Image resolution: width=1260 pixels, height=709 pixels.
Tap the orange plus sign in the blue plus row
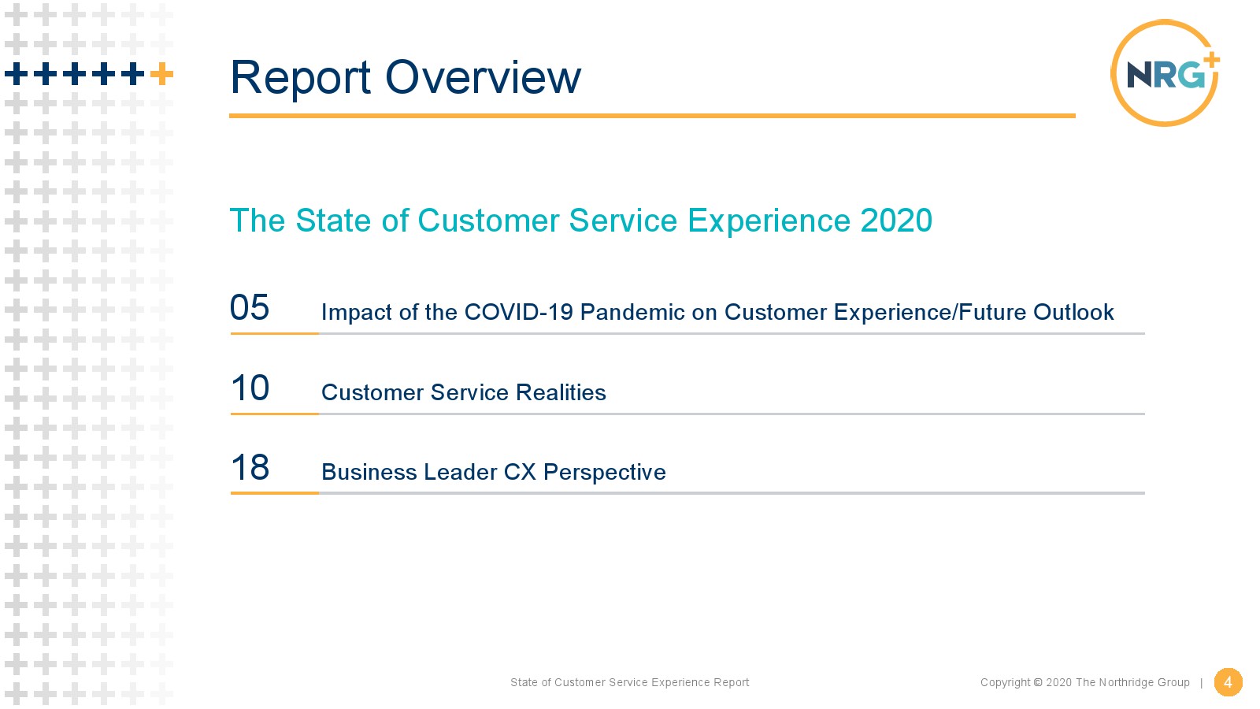click(161, 74)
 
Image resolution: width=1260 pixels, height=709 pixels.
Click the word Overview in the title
click(483, 77)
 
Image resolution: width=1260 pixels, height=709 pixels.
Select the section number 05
click(250, 307)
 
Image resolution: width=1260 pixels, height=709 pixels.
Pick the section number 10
click(250, 388)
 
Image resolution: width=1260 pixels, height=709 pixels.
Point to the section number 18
click(250, 467)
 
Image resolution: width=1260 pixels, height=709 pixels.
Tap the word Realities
click(561, 392)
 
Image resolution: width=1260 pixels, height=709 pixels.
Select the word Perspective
click(604, 473)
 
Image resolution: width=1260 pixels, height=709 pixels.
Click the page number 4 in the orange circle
click(1228, 682)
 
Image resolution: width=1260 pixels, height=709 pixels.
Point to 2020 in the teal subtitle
click(896, 220)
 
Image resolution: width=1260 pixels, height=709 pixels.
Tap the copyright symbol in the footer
click(1038, 682)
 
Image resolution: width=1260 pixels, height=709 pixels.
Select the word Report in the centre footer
click(732, 682)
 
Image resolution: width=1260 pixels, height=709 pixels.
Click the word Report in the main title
click(300, 78)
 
